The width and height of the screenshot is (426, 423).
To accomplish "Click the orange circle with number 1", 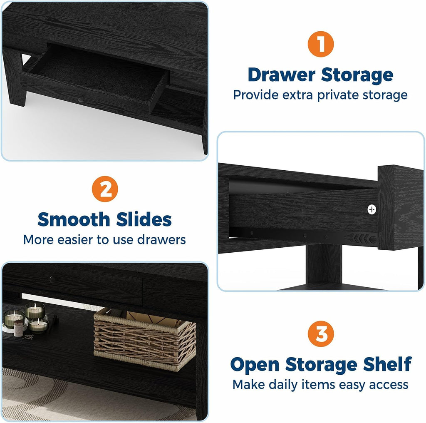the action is tap(321, 44).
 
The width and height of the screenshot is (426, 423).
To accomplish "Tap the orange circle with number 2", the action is tap(105, 189).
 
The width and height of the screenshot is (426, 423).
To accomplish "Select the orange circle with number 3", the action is tap(321, 334).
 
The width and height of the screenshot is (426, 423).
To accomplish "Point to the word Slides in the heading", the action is tap(144, 219).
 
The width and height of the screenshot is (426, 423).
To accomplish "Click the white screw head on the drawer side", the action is tap(372, 209).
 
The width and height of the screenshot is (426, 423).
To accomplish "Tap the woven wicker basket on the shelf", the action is tap(144, 339).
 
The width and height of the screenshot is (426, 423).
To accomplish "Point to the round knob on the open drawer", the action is tap(80, 100).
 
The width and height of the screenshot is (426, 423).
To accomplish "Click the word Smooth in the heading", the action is tap(74, 219).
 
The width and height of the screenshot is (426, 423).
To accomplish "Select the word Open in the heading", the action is tap(255, 365).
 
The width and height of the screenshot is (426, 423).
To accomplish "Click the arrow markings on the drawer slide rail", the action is tap(357, 239).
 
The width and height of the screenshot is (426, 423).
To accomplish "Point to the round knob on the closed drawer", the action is tap(52, 279).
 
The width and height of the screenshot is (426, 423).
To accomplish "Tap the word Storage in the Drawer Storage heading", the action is tap(357, 75).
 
